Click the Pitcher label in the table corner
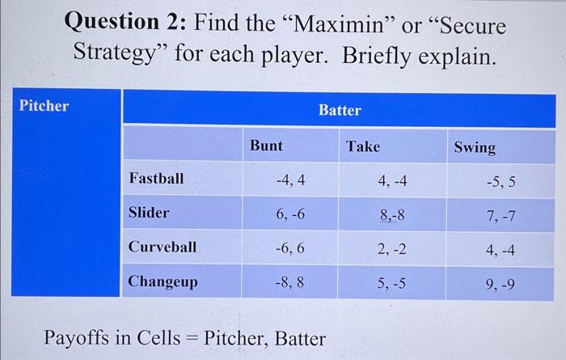tap(44, 106)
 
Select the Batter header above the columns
tap(340, 110)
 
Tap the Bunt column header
tap(266, 146)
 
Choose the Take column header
tap(362, 146)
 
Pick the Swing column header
tap(475, 148)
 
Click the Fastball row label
tap(156, 178)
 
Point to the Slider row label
tap(149, 213)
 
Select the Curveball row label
tap(162, 247)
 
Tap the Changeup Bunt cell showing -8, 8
tap(289, 284)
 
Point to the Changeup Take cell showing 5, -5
tap(393, 284)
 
